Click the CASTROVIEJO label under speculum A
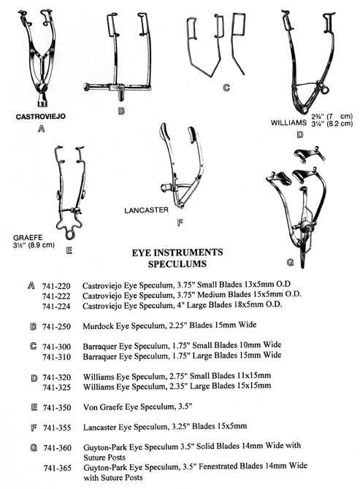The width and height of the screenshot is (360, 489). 41,117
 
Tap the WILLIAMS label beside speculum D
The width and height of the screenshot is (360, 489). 288,123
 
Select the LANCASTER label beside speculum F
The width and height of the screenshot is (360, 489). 146,210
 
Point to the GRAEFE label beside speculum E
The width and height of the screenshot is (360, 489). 28,238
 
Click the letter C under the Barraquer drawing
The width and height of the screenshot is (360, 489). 226,88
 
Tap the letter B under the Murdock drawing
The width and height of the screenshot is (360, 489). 121,111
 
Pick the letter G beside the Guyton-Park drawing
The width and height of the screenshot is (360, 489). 290,263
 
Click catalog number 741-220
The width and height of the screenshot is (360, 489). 56,285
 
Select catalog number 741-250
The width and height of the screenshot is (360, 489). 56,326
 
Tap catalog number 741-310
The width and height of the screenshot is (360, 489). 57,357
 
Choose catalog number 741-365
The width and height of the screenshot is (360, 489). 58,468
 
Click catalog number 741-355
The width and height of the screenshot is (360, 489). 57,428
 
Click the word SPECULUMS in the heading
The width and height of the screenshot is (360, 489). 177,263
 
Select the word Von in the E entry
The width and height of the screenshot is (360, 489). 90,407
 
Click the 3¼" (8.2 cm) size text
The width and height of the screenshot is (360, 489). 332,123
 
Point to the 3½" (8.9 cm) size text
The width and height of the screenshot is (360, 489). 34,244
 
